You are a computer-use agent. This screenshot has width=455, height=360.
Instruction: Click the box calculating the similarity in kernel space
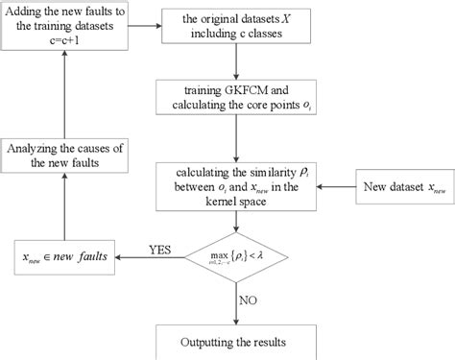click(236, 183)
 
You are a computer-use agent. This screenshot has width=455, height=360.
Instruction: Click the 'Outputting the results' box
click(236, 342)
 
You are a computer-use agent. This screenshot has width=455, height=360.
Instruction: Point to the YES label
click(159, 249)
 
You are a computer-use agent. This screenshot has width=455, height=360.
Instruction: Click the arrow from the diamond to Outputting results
click(236, 302)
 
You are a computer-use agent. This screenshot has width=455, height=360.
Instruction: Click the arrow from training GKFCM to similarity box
click(236, 145)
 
